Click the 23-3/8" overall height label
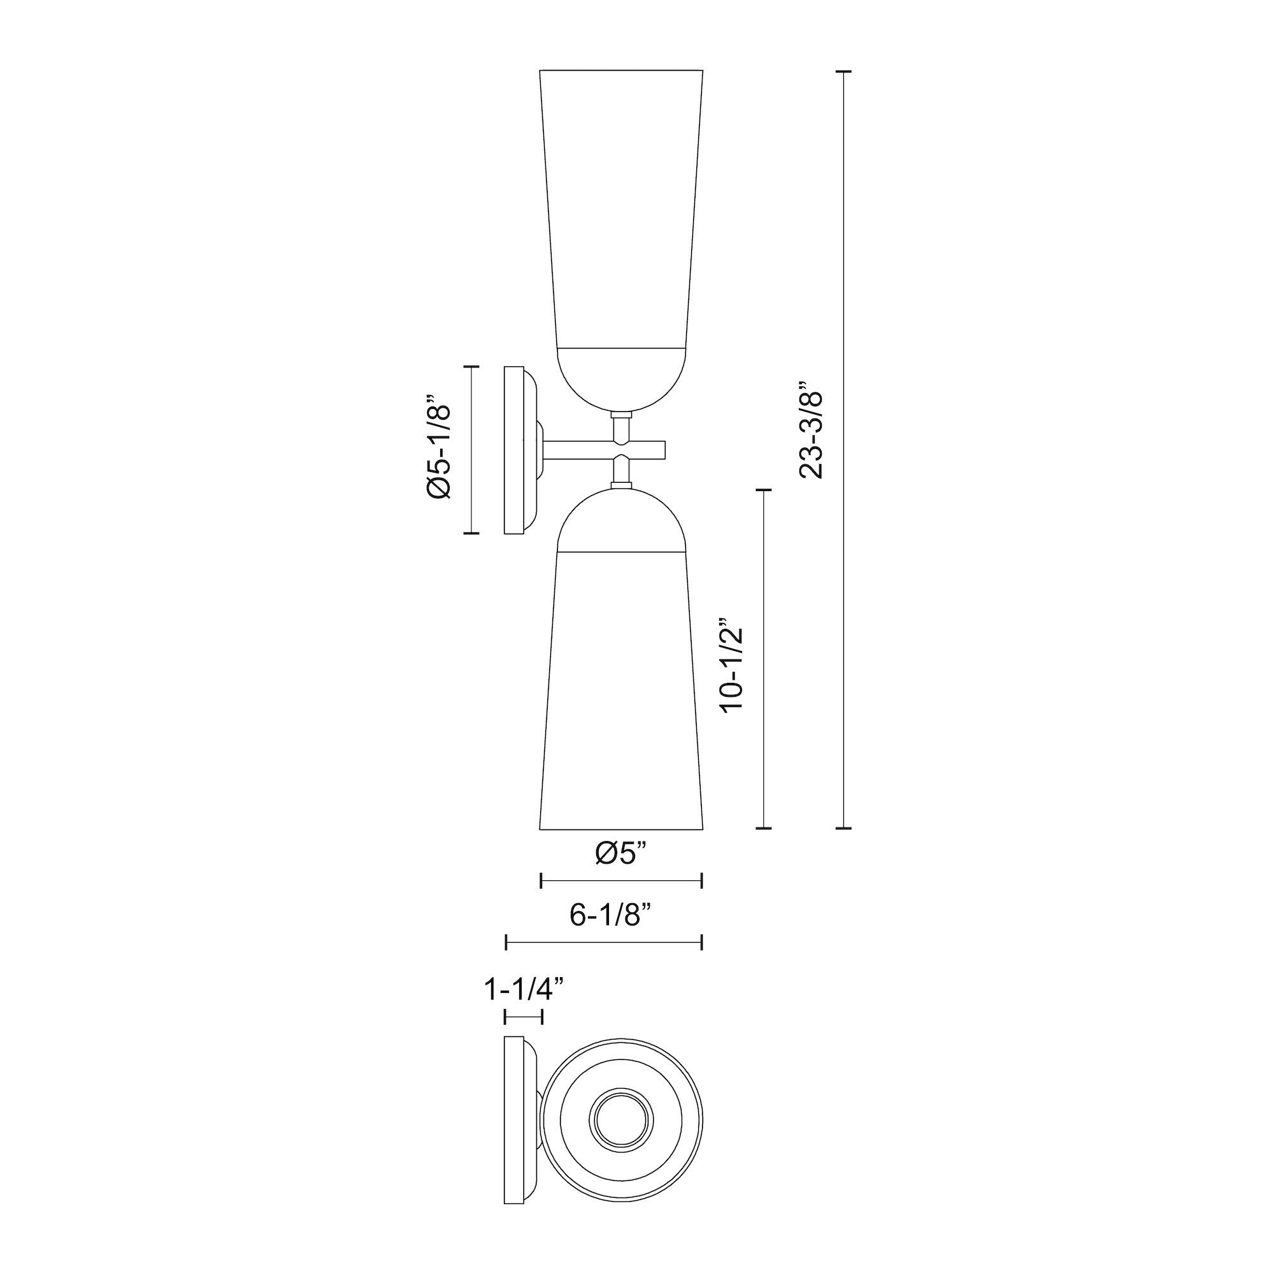[811, 429]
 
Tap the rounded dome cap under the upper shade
[621, 376]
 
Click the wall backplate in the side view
[514, 450]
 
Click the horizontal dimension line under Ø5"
[620, 880]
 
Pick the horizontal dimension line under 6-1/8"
[603, 942]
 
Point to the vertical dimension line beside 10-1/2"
[763, 659]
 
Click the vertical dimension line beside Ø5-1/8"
[471, 449]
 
